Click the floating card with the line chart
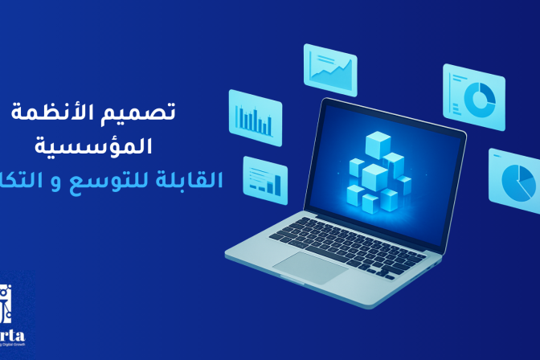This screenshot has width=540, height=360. pos(329,65)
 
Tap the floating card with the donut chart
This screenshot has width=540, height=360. pos(473,96)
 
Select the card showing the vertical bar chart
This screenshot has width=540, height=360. pos(255,117)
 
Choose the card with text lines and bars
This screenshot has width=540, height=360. pos(264,180)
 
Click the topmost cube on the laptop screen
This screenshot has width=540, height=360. pos(377,145)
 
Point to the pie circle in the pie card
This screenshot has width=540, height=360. pos(518,184)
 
